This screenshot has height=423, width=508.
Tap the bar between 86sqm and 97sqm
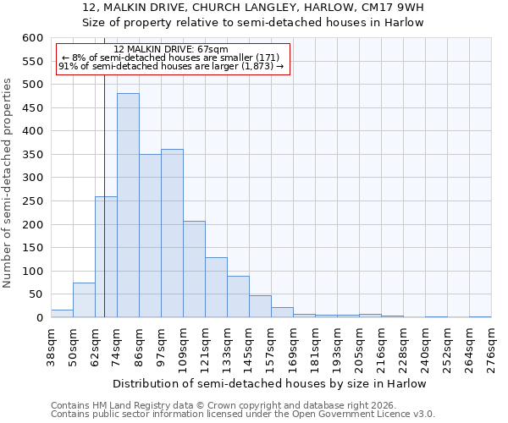pyautogui.click(x=150, y=236)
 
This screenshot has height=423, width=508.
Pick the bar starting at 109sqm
pyautogui.click(x=194, y=269)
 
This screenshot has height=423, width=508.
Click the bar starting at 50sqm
pyautogui.click(x=84, y=300)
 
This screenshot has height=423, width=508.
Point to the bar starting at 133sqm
pyautogui.click(x=238, y=297)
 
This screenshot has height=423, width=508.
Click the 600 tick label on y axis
pyautogui.click(x=32, y=38)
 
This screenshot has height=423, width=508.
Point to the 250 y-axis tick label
pyautogui.click(x=32, y=201)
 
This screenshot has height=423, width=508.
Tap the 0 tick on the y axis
pyautogui.click(x=39, y=318)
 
